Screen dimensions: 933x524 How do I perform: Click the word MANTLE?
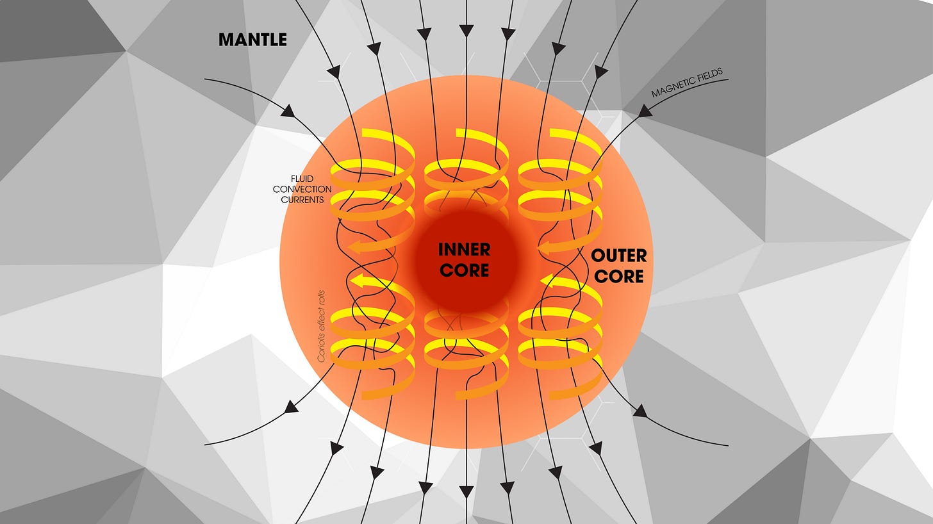coord(252,40)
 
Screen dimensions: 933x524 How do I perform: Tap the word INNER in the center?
coord(465,249)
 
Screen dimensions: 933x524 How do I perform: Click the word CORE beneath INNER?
coord(465,270)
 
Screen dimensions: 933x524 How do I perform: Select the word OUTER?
coord(618,256)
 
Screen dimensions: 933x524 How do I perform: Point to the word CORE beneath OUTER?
coord(619,277)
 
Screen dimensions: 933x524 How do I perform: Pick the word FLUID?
coord(303,179)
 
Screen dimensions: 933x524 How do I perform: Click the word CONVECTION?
coord(302,190)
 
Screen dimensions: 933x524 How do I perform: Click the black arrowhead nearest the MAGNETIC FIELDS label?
coord(645,111)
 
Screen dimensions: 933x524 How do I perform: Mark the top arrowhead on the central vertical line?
coord(467,29)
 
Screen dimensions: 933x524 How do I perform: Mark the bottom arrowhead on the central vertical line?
coord(467,492)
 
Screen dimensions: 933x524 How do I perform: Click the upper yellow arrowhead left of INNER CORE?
coord(354,247)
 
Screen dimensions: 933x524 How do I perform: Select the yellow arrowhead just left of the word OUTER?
coord(545,247)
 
